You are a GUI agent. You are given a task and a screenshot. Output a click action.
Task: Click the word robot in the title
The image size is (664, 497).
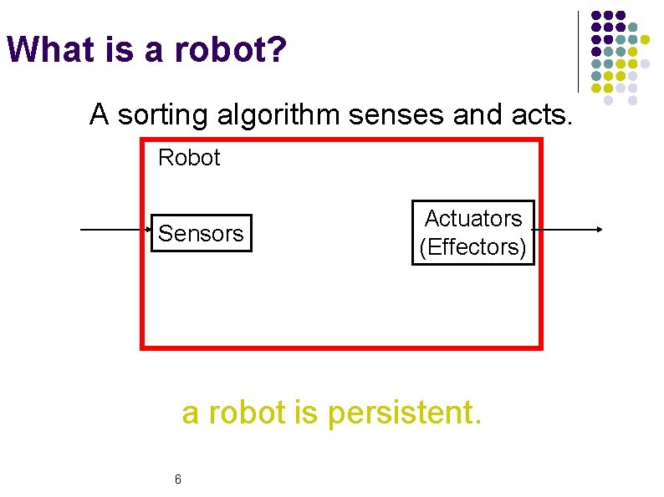click(222, 50)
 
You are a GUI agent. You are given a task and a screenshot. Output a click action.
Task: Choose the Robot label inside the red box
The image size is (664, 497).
click(189, 158)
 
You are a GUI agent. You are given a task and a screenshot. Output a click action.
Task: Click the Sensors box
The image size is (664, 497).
click(201, 233)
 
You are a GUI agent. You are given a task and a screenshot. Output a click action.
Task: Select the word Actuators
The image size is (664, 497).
click(473, 219)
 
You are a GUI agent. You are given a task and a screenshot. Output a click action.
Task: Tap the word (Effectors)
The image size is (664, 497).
click(473, 247)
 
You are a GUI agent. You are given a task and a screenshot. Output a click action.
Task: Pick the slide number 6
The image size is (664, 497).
click(178, 479)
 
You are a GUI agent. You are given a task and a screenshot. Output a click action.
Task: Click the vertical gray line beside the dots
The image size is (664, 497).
click(579, 50)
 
